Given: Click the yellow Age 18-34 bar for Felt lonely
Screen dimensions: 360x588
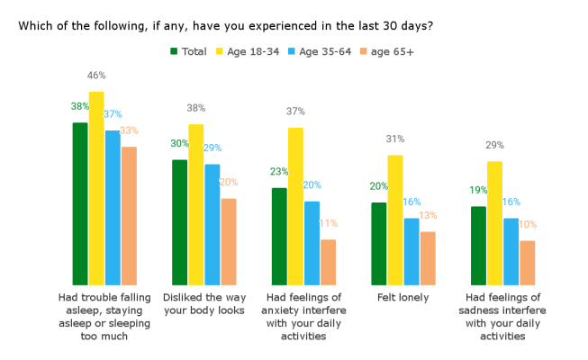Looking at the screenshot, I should (395, 220).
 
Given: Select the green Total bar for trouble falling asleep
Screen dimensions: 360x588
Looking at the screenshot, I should (80, 204).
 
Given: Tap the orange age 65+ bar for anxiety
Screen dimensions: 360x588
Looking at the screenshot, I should (328, 263).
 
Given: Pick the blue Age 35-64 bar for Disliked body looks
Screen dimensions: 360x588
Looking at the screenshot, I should (213, 225).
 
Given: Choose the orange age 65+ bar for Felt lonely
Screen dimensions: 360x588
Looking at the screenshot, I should (428, 258).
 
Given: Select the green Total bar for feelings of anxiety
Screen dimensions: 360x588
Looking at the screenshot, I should (279, 237).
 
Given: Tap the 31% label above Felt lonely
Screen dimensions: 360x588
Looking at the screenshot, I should (395, 139).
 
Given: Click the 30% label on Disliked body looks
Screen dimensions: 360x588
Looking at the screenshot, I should (179, 144).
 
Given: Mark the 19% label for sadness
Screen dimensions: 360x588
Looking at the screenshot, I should (478, 191).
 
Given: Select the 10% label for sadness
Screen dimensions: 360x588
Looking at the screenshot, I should (527, 225).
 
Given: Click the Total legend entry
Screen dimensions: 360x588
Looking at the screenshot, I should (189, 51).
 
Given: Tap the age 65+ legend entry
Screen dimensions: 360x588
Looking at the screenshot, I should (389, 51).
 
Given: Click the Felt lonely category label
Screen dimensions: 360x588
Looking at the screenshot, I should (403, 298).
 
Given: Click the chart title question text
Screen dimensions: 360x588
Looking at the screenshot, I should (226, 25).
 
